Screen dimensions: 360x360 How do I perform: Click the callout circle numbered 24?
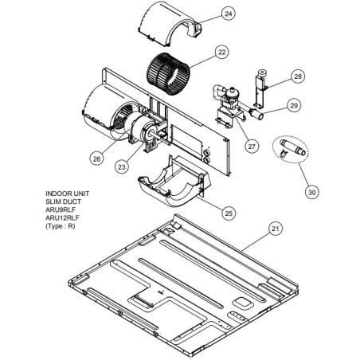[229, 14]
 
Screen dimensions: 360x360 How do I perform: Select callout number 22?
[221, 53]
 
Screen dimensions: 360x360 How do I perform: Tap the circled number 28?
[298, 76]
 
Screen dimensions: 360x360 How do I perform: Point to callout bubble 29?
[294, 105]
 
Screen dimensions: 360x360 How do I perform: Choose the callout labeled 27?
[252, 147]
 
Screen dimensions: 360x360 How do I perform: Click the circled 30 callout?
[311, 192]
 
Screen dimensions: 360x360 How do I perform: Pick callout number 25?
[229, 213]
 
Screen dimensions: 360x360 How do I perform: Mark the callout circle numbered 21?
[276, 229]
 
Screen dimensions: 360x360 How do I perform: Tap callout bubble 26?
[96, 158]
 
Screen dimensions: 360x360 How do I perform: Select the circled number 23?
[121, 167]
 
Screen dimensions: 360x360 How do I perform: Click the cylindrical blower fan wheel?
[168, 74]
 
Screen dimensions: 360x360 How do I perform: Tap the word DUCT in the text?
[72, 202]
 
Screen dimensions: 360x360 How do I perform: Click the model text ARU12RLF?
[62, 218]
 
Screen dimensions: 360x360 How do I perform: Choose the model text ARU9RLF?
[61, 209]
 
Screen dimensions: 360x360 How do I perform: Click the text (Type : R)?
[61, 226]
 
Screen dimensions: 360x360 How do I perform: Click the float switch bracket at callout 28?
[260, 89]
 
